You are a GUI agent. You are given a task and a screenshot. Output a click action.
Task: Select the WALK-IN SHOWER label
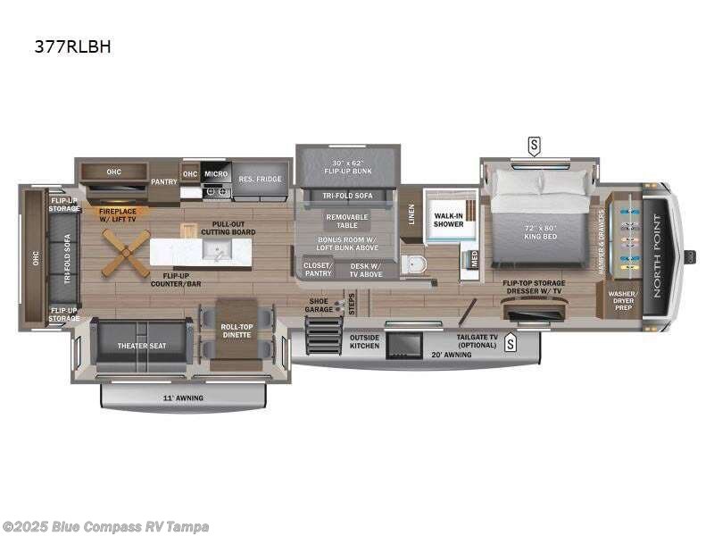(x=448, y=220)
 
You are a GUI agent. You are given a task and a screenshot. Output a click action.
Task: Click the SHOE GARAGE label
(x=319, y=306)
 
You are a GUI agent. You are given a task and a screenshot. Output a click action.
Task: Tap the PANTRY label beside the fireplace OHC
(x=163, y=181)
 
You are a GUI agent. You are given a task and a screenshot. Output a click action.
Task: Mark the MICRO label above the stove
(x=215, y=174)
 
